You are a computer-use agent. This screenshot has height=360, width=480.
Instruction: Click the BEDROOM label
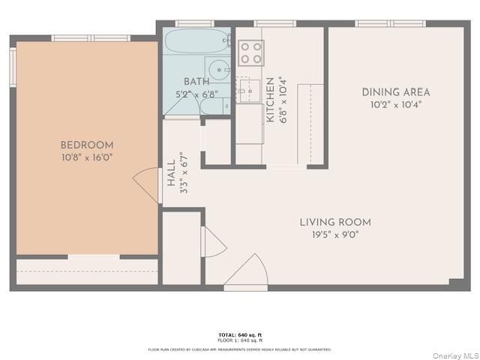pos(87,145)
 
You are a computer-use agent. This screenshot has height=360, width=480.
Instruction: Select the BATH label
pos(196,82)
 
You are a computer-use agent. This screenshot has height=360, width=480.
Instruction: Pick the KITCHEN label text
pos(270,100)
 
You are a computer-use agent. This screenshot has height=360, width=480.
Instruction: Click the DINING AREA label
pos(396,92)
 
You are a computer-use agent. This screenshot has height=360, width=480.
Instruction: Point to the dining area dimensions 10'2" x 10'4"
pos(396,104)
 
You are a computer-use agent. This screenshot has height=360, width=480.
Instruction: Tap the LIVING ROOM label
pos(335,222)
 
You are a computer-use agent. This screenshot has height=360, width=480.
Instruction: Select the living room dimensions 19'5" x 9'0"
pos(335,234)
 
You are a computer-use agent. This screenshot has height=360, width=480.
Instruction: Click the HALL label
pos(172,175)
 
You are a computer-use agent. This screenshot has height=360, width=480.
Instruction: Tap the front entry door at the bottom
pos(247,273)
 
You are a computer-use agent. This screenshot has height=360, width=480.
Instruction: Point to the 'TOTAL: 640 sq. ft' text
pos(240,334)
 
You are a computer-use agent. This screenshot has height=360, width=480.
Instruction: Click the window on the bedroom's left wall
pos(13,67)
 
